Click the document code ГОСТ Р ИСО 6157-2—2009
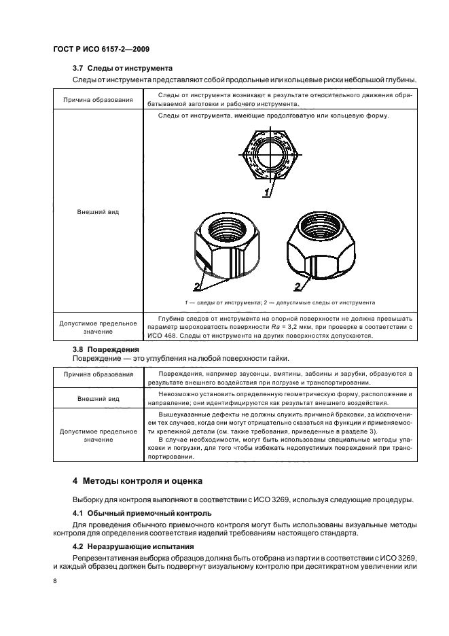pyautogui.click(x=101, y=50)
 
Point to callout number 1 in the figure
pyautogui.click(x=268, y=193)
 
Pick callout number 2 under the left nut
pyautogui.click(x=196, y=285)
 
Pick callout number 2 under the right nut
pyautogui.click(x=297, y=286)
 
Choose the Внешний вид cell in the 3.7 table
pyautogui.click(x=98, y=212)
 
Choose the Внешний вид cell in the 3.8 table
pyautogui.click(x=98, y=398)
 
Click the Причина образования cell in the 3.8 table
pyautogui.click(x=98, y=375)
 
